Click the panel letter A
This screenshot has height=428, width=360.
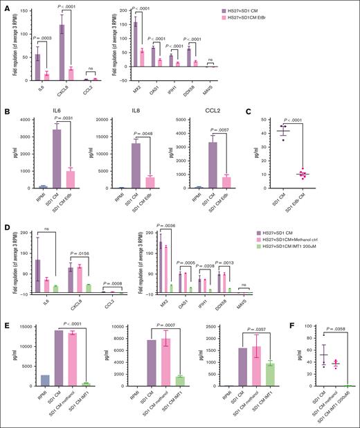[6, 6]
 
